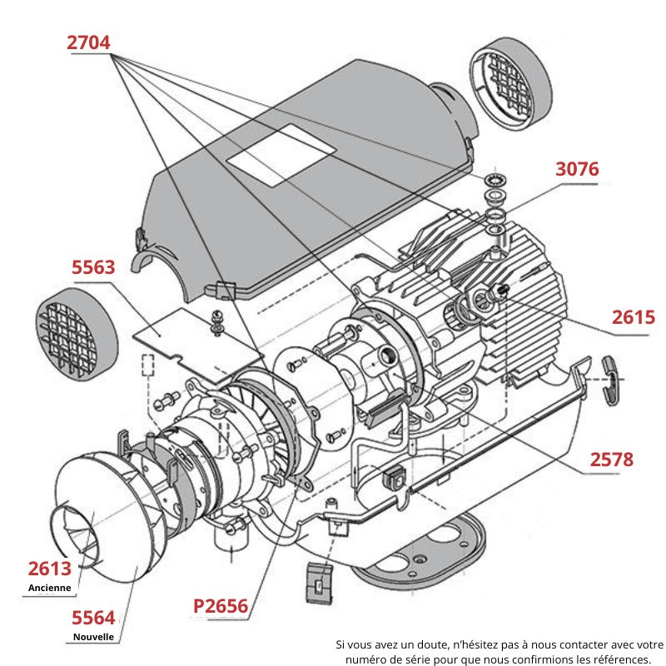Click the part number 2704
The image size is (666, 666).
point(88,43)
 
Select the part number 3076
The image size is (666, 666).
point(577,169)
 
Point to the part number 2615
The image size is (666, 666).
point(633,317)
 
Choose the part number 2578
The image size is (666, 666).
point(612,459)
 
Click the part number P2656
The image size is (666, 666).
point(221,605)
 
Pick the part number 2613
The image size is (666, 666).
point(49,569)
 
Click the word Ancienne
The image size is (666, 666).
point(49,587)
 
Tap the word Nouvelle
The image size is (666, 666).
point(92,637)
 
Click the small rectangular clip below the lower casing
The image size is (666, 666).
point(320,584)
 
